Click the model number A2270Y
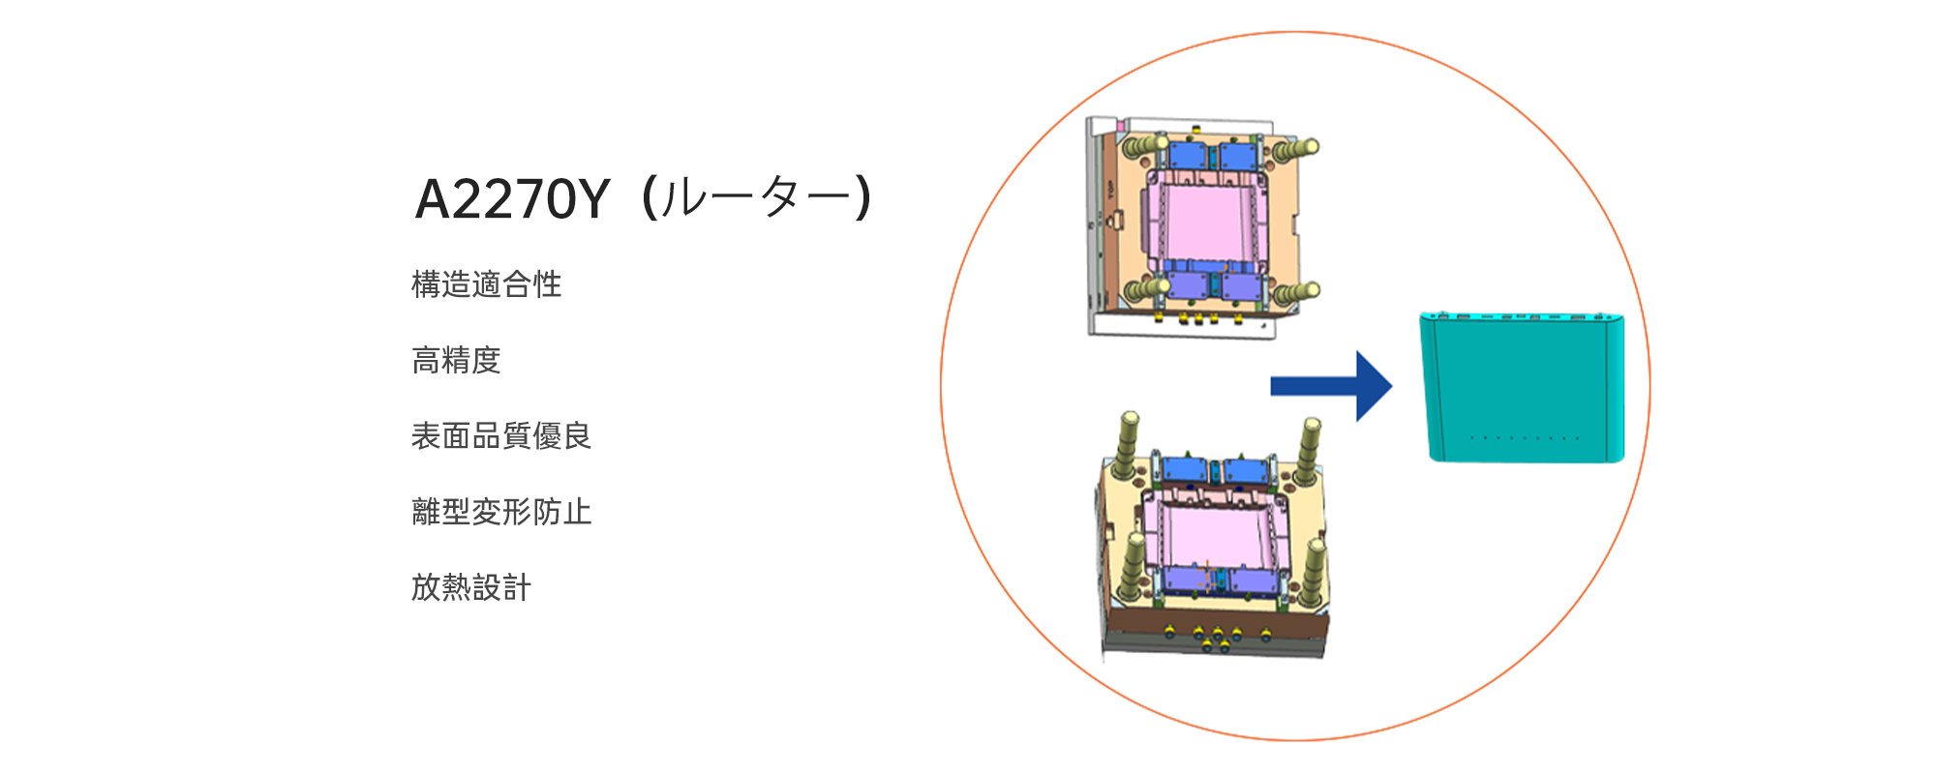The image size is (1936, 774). point(512,199)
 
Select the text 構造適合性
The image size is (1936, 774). point(486,284)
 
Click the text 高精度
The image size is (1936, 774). point(456,360)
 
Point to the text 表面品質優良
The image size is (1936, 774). point(500,435)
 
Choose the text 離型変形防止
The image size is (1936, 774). point(500,511)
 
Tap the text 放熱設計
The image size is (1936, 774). point(471,586)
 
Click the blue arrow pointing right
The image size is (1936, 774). point(1331,386)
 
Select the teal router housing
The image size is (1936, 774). point(1522,387)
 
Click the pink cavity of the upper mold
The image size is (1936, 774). point(1203,221)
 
